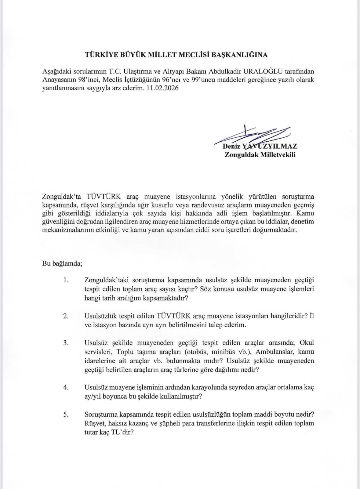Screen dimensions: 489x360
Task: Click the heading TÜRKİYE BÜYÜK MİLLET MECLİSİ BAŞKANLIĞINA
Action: coord(176,55)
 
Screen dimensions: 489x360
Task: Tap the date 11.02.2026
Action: coord(166,88)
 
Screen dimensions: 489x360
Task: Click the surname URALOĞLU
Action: coord(263,71)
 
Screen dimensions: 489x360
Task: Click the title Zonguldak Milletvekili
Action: coord(260,155)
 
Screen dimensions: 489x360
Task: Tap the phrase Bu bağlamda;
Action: coord(62,263)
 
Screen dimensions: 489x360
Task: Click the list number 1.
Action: coord(66,280)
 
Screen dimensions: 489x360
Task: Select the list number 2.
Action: coord(66,316)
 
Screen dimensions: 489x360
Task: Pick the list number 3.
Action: coord(66,342)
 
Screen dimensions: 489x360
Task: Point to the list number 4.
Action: coord(66,387)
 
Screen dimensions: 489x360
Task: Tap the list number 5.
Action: coord(66,415)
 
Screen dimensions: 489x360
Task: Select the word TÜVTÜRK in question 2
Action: coord(173,316)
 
